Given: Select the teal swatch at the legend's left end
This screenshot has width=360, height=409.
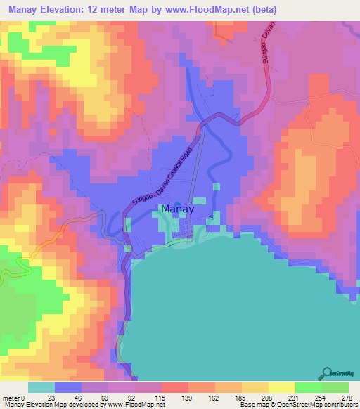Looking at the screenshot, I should coord(41,387).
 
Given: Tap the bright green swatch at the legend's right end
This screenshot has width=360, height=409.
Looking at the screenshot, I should coord(335,387).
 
